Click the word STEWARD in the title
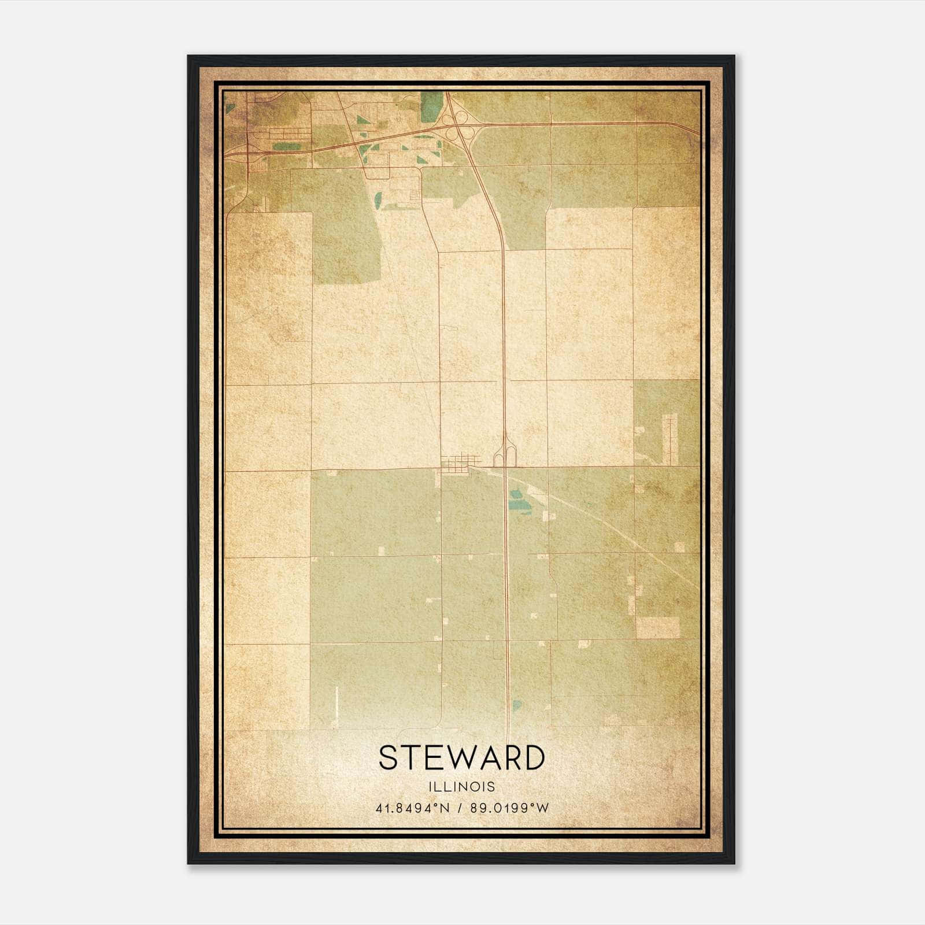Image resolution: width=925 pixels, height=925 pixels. tap(461, 758)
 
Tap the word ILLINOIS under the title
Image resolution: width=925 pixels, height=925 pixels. tap(461, 787)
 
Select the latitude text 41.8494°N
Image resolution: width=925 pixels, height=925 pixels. tap(412, 808)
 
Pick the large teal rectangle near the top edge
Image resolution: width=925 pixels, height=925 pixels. tap(430, 106)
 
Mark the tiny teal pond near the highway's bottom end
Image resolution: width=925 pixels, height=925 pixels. tap(516, 706)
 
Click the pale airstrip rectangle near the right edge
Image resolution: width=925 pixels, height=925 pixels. tap(670, 442)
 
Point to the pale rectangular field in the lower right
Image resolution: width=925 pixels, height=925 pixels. tap(658, 627)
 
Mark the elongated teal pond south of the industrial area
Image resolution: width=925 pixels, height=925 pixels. tap(378, 199)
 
